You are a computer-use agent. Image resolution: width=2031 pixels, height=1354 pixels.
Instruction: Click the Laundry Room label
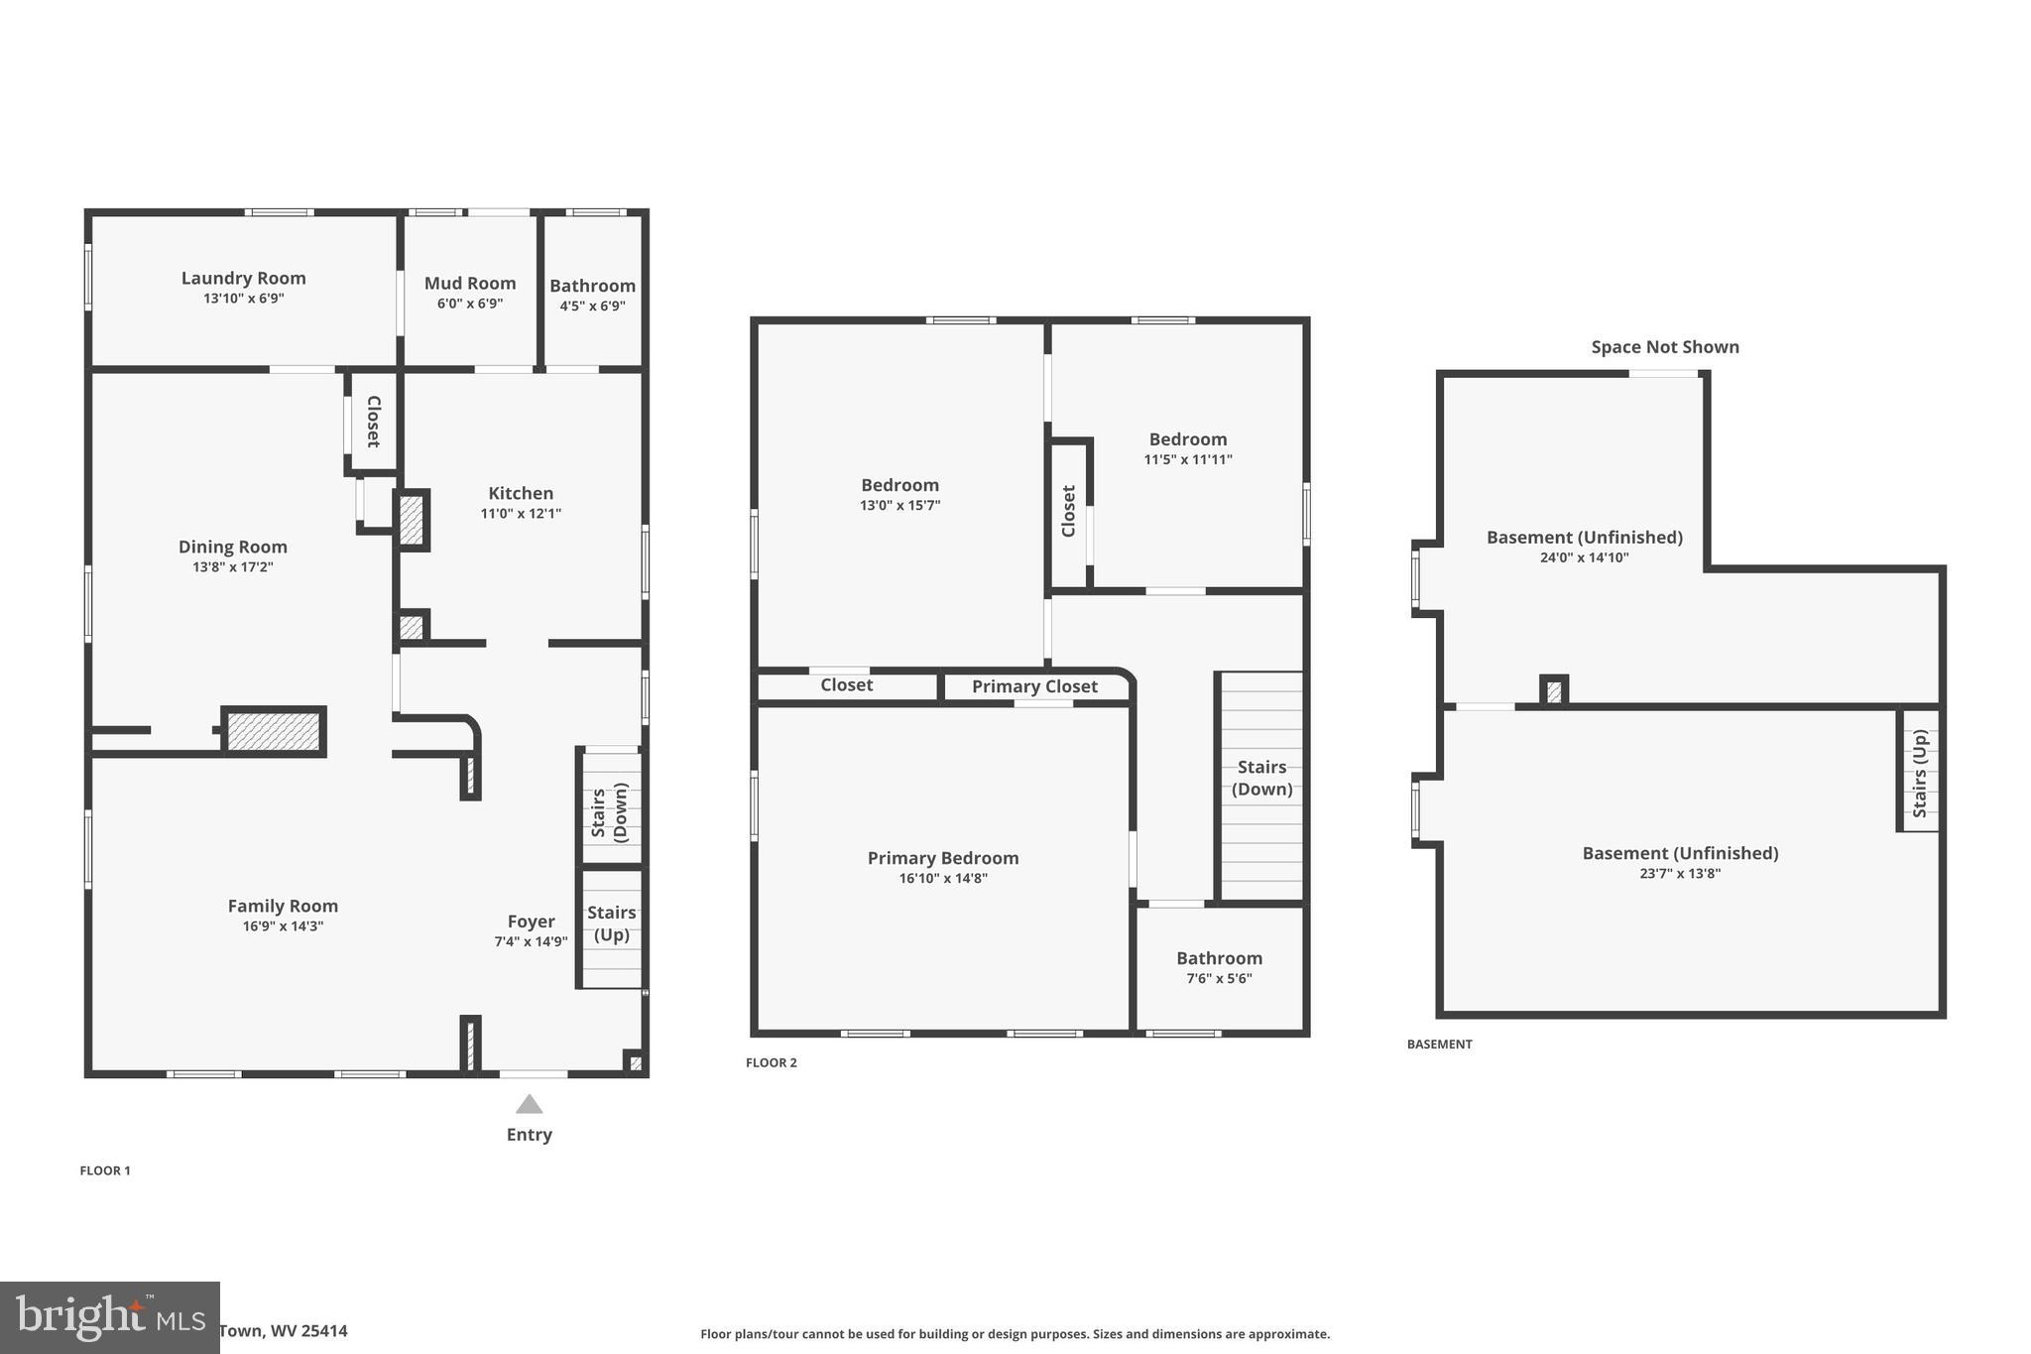pyautogui.click(x=243, y=279)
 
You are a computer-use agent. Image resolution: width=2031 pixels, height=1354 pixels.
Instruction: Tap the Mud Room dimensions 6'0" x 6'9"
pyautogui.click(x=470, y=304)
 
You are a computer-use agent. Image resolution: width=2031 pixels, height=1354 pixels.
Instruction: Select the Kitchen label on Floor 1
pyautogui.click(x=521, y=493)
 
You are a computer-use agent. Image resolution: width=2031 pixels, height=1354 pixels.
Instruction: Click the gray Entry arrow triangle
pyautogui.click(x=530, y=1104)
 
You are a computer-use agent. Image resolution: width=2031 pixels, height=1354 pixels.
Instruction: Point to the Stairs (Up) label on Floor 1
pyautogui.click(x=612, y=923)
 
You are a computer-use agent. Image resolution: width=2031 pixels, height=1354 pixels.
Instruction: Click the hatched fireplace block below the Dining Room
pyautogui.click(x=274, y=732)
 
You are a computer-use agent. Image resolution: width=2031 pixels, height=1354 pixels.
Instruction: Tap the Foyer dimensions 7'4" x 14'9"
pyautogui.click(x=531, y=942)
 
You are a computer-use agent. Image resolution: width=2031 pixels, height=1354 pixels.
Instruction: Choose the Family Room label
pyautogui.click(x=283, y=906)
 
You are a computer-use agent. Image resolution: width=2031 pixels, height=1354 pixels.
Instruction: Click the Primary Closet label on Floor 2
pyautogui.click(x=1034, y=686)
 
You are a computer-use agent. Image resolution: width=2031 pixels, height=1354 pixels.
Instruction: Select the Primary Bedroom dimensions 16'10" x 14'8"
pyautogui.click(x=942, y=879)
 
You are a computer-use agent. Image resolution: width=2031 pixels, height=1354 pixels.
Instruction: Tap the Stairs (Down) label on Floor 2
pyautogui.click(x=1261, y=778)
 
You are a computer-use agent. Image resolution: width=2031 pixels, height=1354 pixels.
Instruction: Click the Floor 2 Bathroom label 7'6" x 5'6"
pyautogui.click(x=1219, y=958)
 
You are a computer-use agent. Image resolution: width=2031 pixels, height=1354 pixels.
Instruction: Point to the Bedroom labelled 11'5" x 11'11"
pyautogui.click(x=1187, y=439)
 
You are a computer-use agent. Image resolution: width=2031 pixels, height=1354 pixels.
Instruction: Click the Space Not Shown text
pyautogui.click(x=1664, y=347)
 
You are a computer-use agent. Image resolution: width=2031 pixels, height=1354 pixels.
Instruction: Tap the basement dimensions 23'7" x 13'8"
pyautogui.click(x=1679, y=874)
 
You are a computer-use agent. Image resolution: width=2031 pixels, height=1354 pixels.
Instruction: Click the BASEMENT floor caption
pyautogui.click(x=1439, y=1045)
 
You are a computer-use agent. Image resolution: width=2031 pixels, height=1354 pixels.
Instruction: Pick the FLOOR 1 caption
pyautogui.click(x=105, y=1170)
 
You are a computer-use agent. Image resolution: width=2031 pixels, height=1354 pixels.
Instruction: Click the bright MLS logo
pyautogui.click(x=109, y=1317)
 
